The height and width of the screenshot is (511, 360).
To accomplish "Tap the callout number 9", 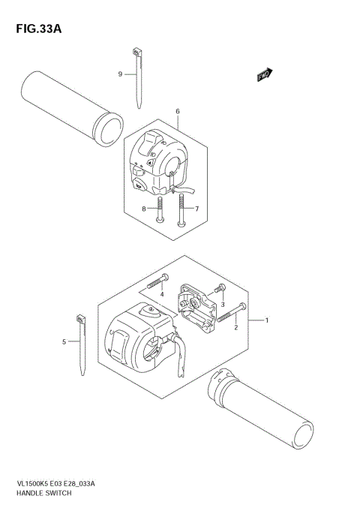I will tap(120, 74).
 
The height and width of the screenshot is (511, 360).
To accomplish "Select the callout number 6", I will tap(177, 112).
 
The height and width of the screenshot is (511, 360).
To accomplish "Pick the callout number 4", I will tap(162, 294).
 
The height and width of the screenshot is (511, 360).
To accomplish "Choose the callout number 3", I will tap(222, 303).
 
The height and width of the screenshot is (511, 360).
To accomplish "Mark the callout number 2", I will tap(236, 327).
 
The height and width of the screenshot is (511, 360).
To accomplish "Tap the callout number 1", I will tap(268, 320).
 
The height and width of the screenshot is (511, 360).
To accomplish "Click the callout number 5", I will tap(65, 341).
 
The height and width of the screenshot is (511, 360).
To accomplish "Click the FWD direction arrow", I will tap(264, 74).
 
